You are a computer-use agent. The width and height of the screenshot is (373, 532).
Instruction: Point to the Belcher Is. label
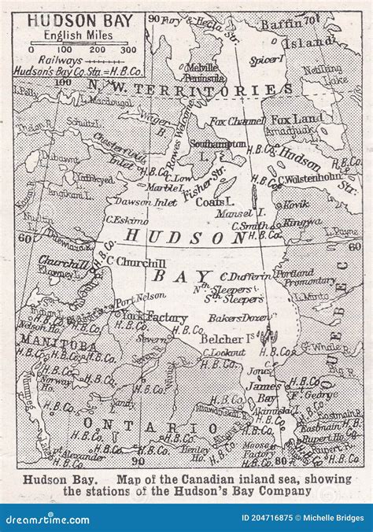point(229,338)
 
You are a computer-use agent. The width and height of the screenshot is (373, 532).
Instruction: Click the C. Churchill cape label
point(135,261)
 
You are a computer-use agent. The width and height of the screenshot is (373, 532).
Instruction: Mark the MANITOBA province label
point(49,345)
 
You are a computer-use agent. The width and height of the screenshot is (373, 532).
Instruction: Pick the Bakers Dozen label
point(234,318)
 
